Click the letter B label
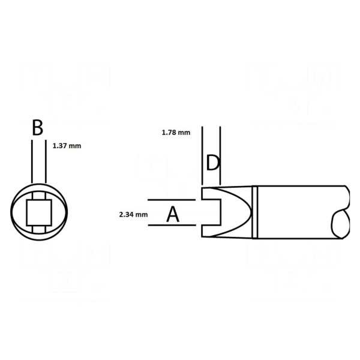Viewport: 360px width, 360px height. point(38,128)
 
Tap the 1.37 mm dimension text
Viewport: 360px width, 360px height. point(67,145)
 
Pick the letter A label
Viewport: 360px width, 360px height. point(173,214)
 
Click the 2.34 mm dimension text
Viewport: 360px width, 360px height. point(133,213)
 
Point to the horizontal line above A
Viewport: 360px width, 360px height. point(170,200)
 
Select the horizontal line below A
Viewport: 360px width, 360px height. point(170,226)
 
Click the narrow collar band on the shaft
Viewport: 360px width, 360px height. point(255,212)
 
